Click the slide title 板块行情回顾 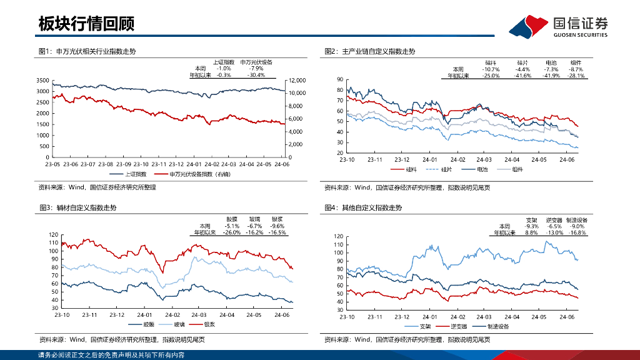click(x=86, y=24)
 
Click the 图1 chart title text click(x=87, y=51)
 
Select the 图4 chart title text click(x=363, y=207)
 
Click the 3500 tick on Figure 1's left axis click(x=42, y=81)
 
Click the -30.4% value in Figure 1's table click(x=256, y=75)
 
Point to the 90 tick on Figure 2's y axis click(x=339, y=79)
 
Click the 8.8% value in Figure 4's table click(x=531, y=232)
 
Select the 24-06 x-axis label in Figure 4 click(x=566, y=317)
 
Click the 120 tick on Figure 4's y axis click(x=339, y=236)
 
